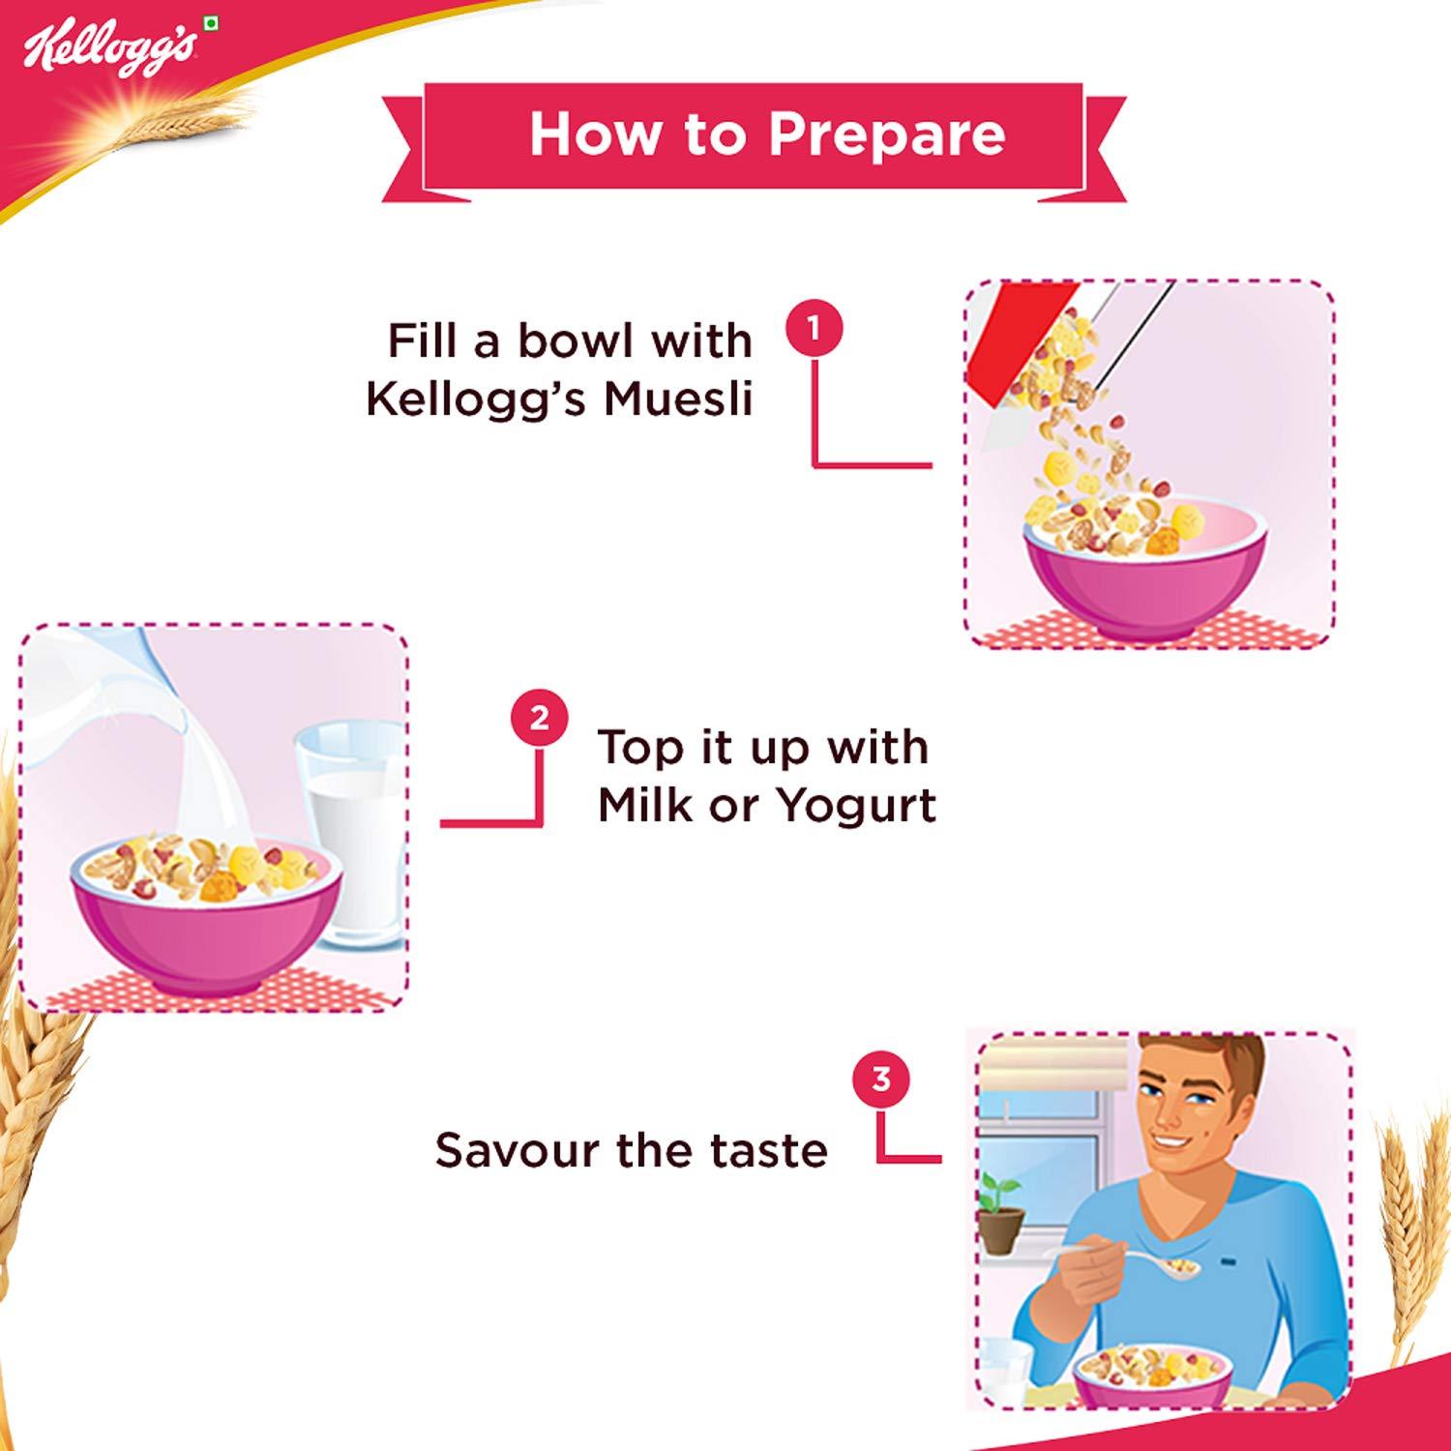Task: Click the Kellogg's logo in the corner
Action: tap(109, 48)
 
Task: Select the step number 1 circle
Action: tap(814, 330)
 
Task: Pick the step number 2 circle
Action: tap(540, 719)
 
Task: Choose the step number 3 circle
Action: tap(880, 1079)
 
